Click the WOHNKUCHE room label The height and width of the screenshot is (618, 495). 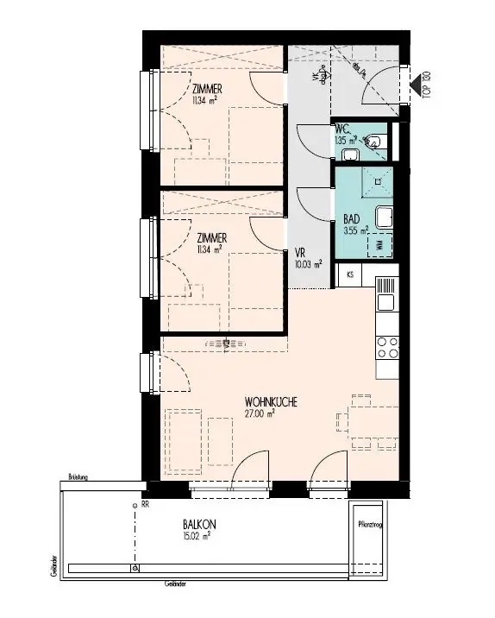click(272, 402)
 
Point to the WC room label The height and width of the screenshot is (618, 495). click(341, 129)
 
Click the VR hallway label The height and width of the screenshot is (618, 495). click(299, 254)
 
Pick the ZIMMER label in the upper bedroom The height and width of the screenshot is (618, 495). click(210, 88)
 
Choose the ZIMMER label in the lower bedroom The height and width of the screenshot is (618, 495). click(210, 237)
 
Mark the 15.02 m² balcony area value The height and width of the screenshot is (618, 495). click(197, 535)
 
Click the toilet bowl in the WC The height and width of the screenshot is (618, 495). click(376, 140)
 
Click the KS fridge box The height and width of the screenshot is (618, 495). click(350, 274)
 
